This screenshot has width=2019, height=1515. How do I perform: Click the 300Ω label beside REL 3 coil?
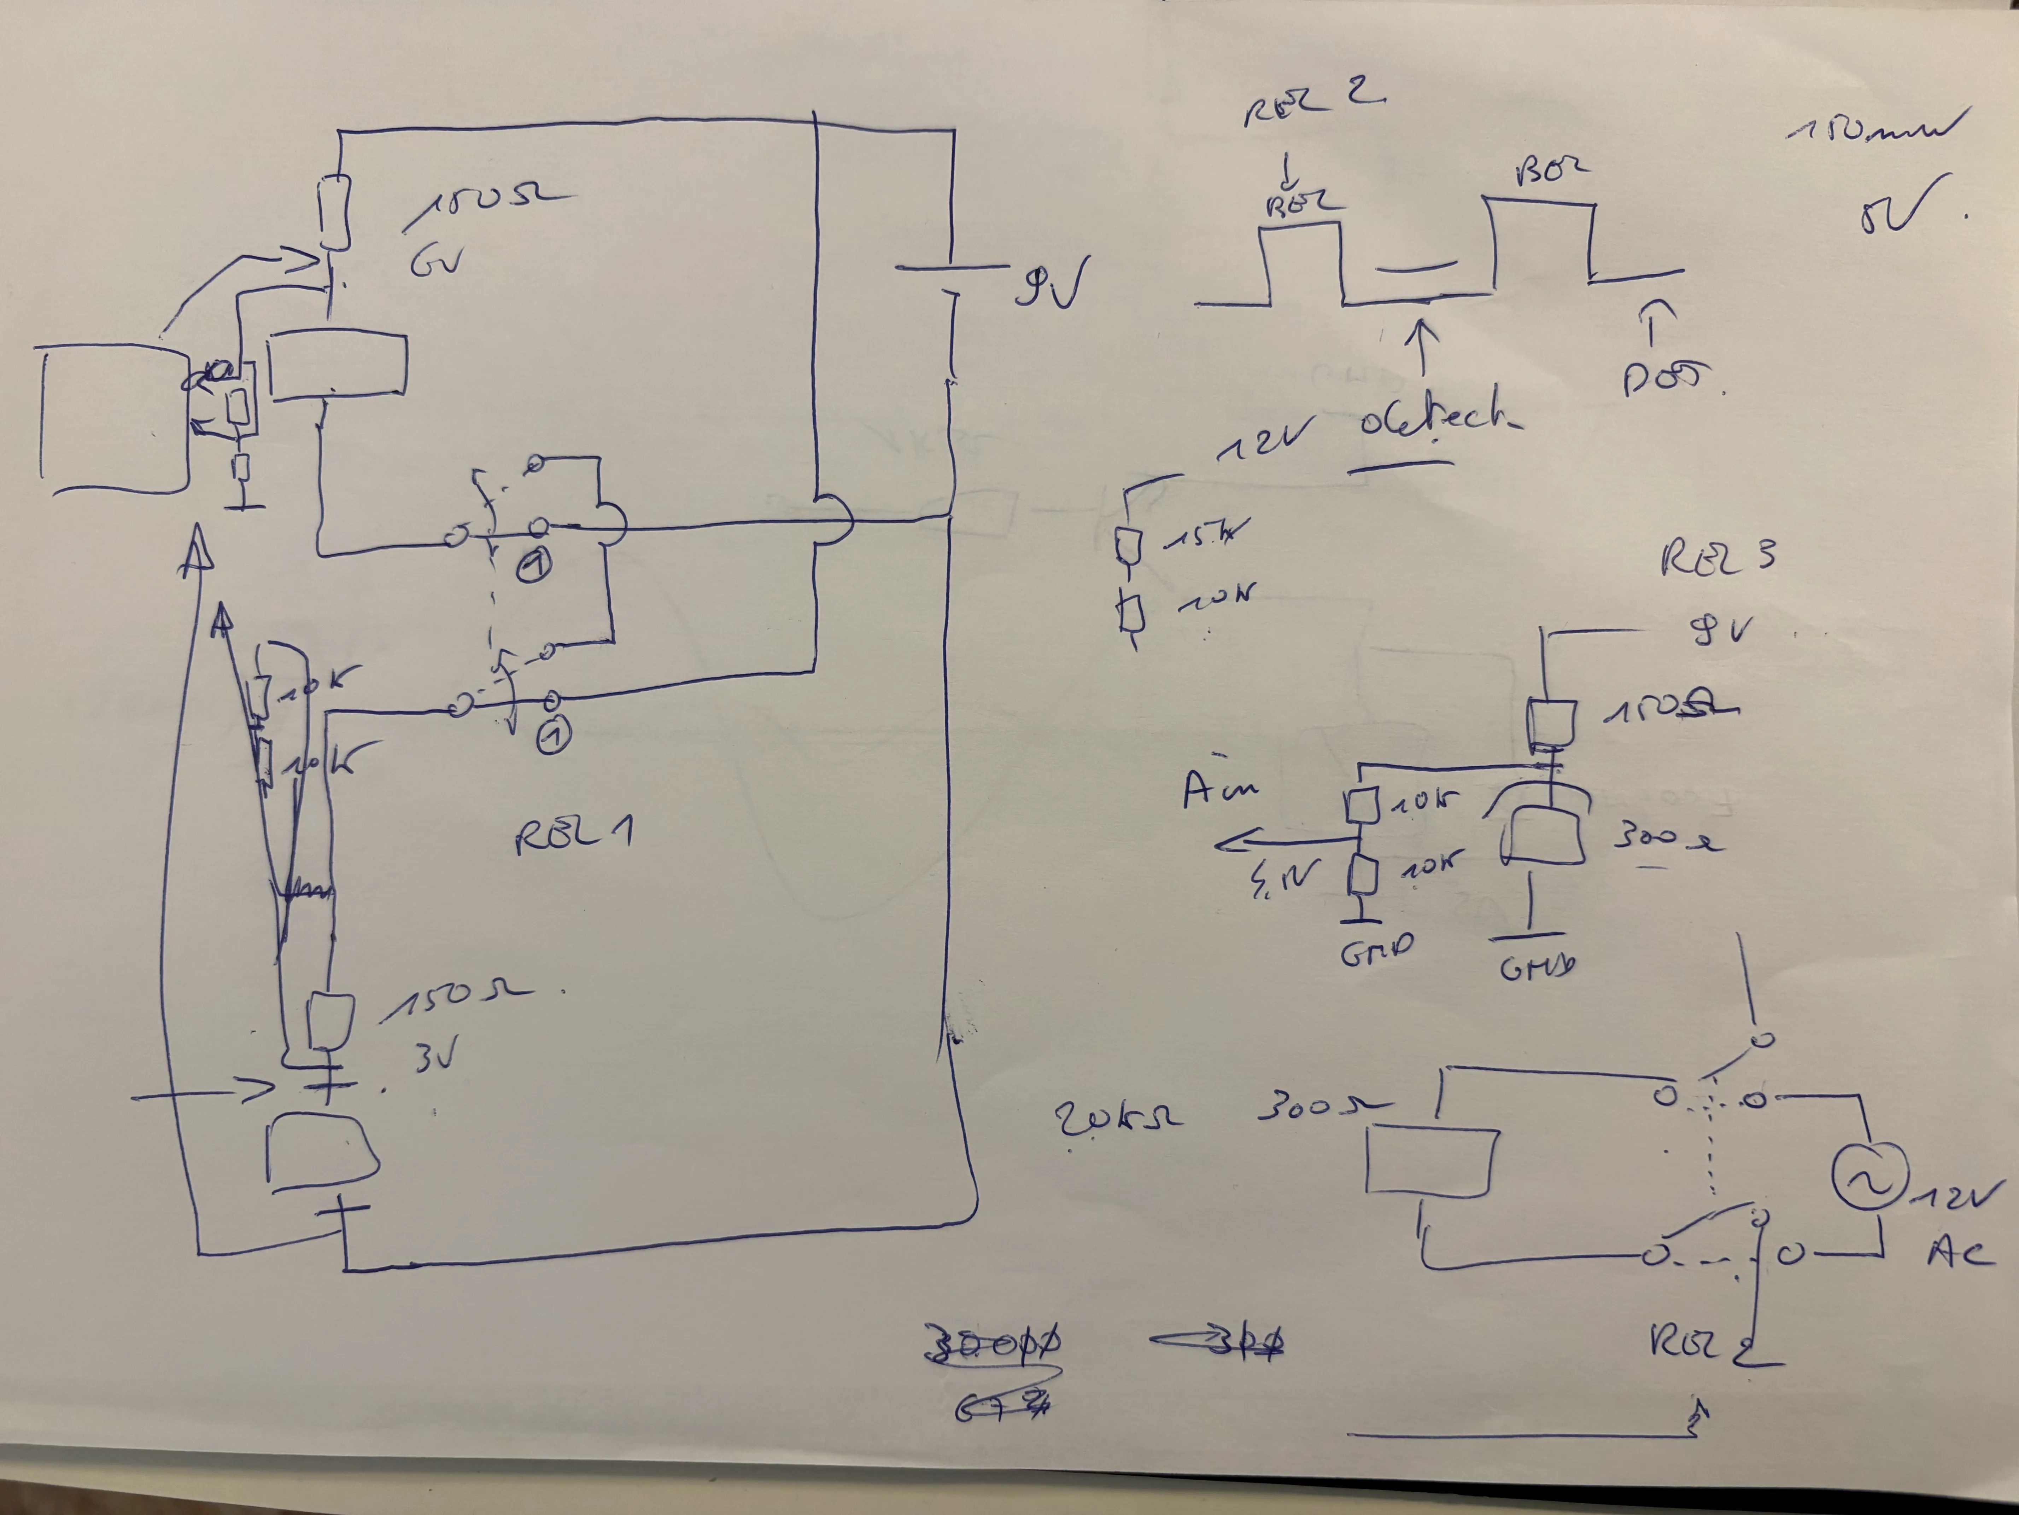click(1666, 837)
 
